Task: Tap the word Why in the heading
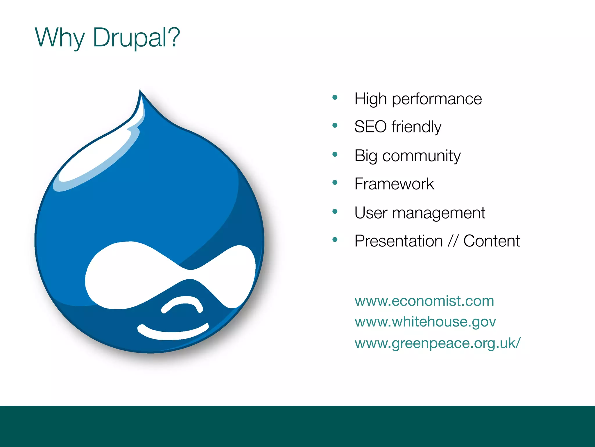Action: pyautogui.click(x=60, y=38)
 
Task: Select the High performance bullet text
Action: pyautogui.click(x=418, y=99)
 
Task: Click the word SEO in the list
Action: pyautogui.click(x=370, y=127)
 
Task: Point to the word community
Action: pyautogui.click(x=421, y=156)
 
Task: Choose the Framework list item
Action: pyautogui.click(x=394, y=184)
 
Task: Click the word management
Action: pyautogui.click(x=439, y=213)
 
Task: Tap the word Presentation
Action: pyautogui.click(x=398, y=241)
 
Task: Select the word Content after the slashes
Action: pyautogui.click(x=491, y=241)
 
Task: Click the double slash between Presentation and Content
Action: pyautogui.click(x=453, y=241)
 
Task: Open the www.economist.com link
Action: pyautogui.click(x=424, y=301)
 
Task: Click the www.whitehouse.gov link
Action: pyautogui.click(x=425, y=322)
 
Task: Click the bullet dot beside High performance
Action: pyautogui.click(x=335, y=97)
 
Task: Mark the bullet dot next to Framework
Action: pyautogui.click(x=335, y=182)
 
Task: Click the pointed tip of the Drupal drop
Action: pyautogui.click(x=140, y=93)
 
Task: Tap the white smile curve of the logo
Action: pyautogui.click(x=173, y=333)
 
